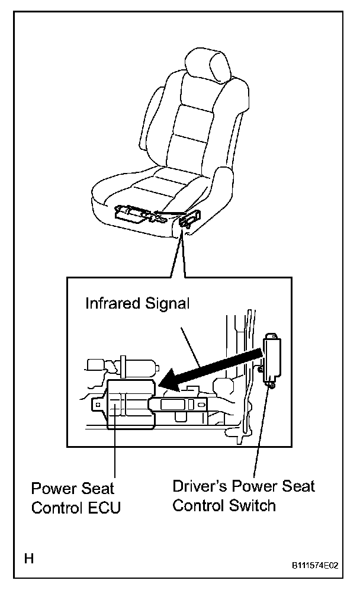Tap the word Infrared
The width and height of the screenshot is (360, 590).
pos(113,304)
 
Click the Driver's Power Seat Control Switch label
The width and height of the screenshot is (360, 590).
pos(243,496)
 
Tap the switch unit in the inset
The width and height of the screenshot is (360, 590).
pos(272,358)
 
